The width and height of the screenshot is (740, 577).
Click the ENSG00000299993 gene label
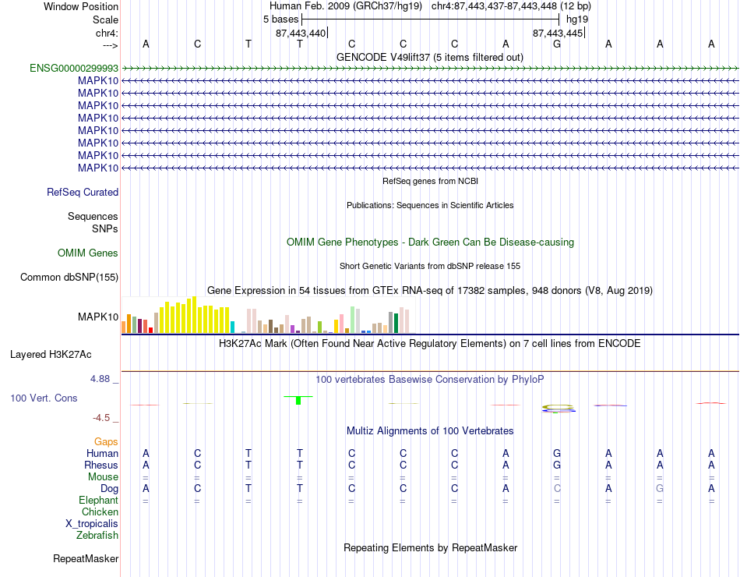point(74,68)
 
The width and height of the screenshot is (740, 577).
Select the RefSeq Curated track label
point(83,193)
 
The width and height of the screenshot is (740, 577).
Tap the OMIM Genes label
point(88,253)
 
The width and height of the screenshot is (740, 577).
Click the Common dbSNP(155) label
point(69,277)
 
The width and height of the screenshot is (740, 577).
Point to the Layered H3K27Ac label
point(51,355)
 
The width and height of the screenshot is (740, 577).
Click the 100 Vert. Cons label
point(44,398)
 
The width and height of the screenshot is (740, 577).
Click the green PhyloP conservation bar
point(298,400)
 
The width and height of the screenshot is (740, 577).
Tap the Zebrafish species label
point(97,536)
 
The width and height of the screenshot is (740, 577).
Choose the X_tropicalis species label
point(92,524)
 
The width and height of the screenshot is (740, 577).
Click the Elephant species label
point(99,500)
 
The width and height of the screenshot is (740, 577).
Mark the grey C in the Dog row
point(557,489)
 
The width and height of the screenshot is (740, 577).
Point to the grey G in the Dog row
point(660,489)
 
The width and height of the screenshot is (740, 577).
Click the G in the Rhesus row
point(557,465)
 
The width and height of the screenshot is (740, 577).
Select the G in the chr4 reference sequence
point(557,44)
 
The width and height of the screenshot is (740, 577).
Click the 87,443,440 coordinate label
point(301,33)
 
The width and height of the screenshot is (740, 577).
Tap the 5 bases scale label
point(280,19)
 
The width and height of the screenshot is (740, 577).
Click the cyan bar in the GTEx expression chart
point(232,327)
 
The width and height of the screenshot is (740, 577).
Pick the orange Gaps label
point(106,441)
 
